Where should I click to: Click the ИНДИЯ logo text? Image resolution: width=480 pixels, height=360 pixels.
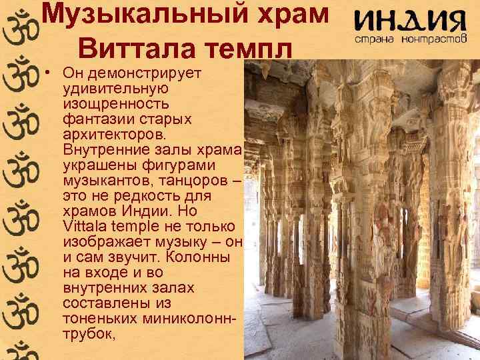[409, 21]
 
